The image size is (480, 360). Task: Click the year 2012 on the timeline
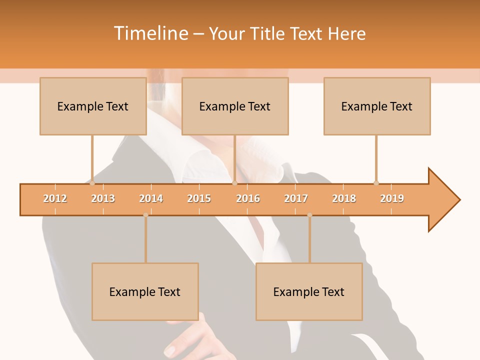(55, 198)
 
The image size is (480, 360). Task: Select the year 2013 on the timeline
(103, 198)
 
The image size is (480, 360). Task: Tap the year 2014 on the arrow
(151, 198)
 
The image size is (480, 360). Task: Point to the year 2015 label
(199, 198)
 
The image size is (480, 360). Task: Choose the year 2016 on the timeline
(248, 198)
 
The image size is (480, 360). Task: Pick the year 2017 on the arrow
(296, 198)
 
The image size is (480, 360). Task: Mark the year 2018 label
(344, 198)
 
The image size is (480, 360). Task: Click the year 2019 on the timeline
(392, 198)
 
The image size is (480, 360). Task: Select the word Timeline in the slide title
(150, 33)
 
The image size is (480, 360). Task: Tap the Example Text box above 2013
(93, 106)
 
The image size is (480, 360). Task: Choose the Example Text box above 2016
(235, 106)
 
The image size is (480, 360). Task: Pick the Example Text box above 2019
(377, 106)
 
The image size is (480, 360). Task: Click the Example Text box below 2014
(145, 291)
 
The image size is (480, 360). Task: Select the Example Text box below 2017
(309, 291)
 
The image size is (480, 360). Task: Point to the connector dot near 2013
(92, 183)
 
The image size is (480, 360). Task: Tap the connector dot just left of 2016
(234, 183)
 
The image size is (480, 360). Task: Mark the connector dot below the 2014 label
(145, 215)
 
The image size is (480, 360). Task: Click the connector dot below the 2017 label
(309, 215)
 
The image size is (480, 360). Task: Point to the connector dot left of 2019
(376, 183)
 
